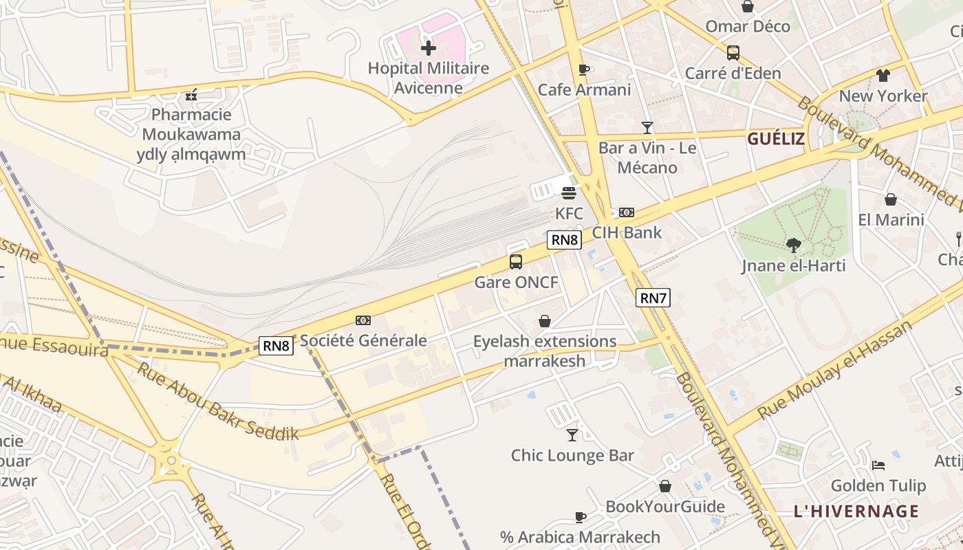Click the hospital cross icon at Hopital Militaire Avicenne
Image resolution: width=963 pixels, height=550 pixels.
click(429, 48)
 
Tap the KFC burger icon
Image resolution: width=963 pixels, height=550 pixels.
click(569, 192)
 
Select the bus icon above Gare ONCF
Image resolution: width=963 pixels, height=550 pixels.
click(516, 262)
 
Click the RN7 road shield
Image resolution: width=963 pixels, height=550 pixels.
click(653, 298)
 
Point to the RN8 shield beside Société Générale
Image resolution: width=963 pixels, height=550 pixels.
click(277, 345)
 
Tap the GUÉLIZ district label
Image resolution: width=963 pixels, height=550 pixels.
click(776, 139)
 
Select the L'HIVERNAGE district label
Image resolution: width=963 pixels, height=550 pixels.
click(856, 511)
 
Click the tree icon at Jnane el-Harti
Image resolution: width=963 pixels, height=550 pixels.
click(794, 245)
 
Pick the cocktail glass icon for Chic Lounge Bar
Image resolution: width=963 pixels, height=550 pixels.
click(572, 434)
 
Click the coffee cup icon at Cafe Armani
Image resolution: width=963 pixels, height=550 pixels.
click(584, 69)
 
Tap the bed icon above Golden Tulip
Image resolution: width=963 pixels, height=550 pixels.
click(878, 465)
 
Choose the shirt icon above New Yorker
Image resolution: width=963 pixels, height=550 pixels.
click(883, 76)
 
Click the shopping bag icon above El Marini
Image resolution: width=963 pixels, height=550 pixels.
click(891, 199)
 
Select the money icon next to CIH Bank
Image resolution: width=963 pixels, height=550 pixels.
click(627, 212)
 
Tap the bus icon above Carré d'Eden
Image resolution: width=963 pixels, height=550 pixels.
click(733, 53)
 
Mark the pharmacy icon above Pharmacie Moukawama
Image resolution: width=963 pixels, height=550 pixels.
click(191, 95)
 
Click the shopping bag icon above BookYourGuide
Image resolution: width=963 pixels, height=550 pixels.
click(665, 486)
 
